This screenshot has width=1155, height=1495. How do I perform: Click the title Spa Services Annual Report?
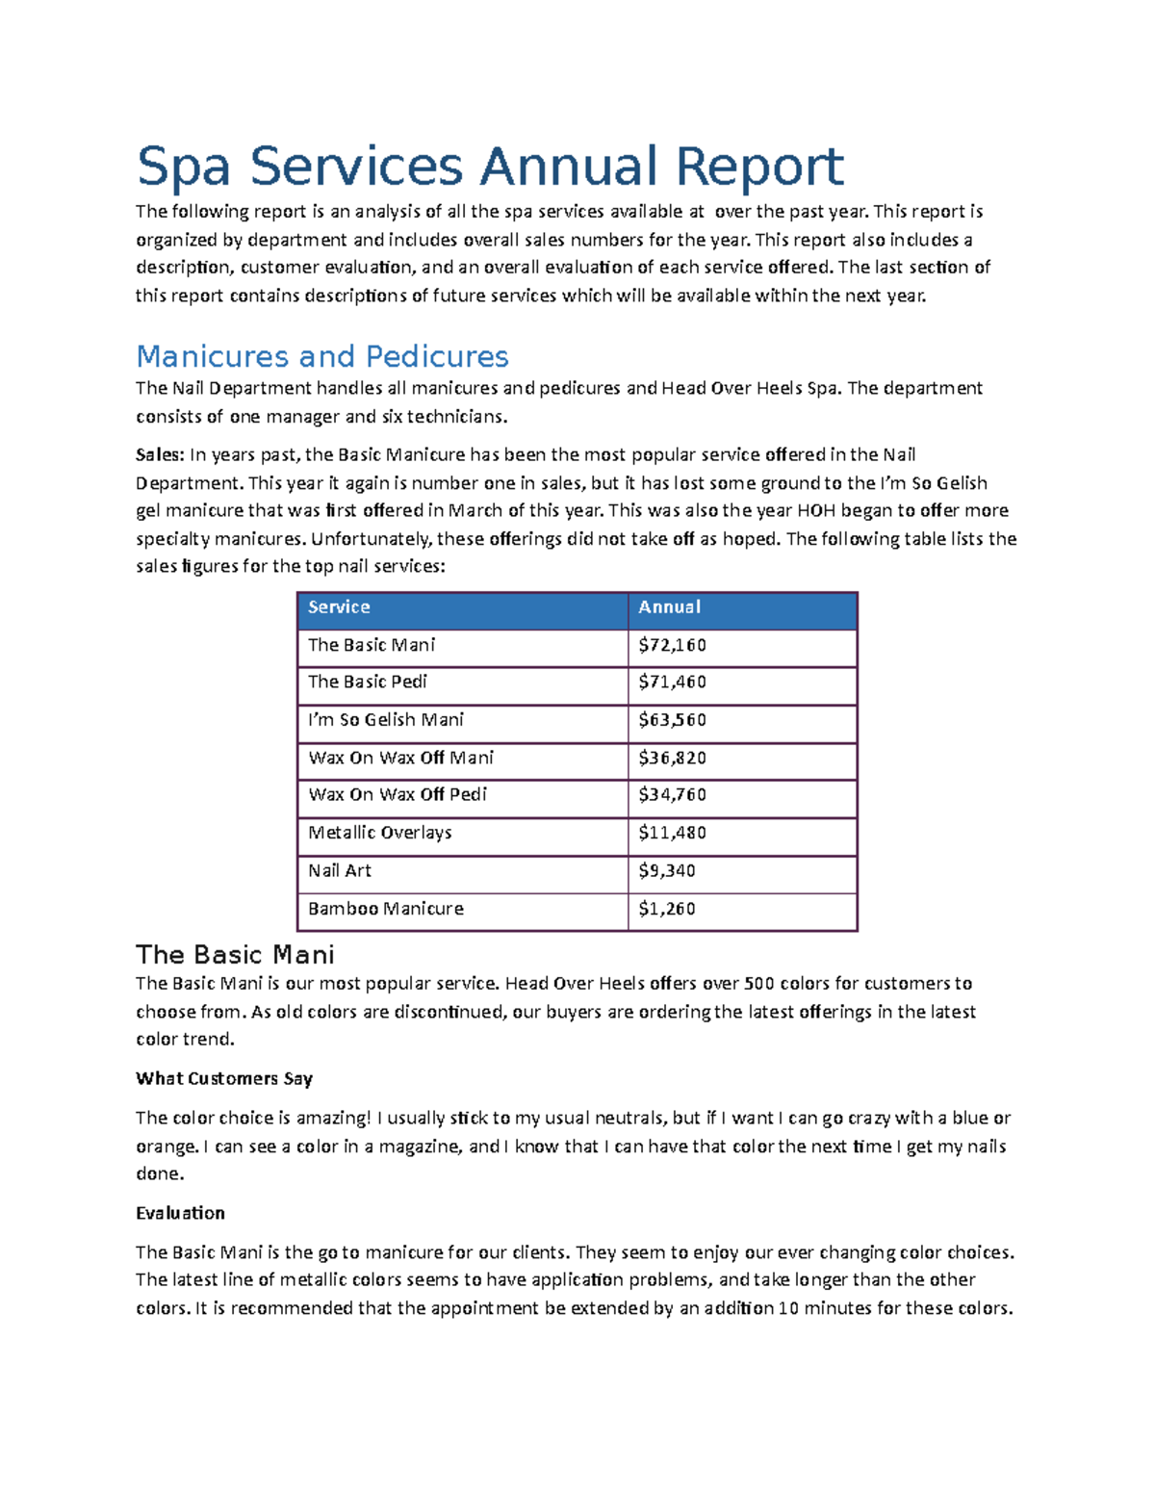pyautogui.click(x=490, y=167)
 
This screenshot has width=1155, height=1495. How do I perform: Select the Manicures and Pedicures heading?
pyautogui.click(x=322, y=356)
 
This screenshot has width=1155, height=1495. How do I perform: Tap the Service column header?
pyautogui.click(x=339, y=607)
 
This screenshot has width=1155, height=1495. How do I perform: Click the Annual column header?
pyautogui.click(x=670, y=607)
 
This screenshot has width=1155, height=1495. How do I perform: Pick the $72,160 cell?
pyautogui.click(x=672, y=645)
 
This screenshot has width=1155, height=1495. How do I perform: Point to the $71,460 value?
pyautogui.click(x=672, y=682)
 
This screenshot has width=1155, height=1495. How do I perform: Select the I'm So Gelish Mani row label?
pyautogui.click(x=385, y=720)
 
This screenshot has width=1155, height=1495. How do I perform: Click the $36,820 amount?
pyautogui.click(x=672, y=758)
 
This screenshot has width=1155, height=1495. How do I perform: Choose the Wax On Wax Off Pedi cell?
pyautogui.click(x=398, y=795)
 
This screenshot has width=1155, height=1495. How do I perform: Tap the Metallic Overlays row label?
pyautogui.click(x=379, y=833)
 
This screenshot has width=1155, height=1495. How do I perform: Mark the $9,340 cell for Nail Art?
pyautogui.click(x=667, y=870)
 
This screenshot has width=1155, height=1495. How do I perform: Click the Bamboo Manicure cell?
pyautogui.click(x=385, y=909)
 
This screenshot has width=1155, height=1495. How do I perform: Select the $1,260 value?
pyautogui.click(x=667, y=909)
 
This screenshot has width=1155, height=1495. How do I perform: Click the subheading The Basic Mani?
pyautogui.click(x=235, y=955)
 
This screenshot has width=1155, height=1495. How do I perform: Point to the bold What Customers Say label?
pyautogui.click(x=224, y=1078)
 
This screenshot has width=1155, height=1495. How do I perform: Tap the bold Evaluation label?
pyautogui.click(x=180, y=1213)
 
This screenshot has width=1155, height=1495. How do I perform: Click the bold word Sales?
pyautogui.click(x=160, y=454)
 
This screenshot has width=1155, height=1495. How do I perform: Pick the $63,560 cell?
pyautogui.click(x=672, y=720)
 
